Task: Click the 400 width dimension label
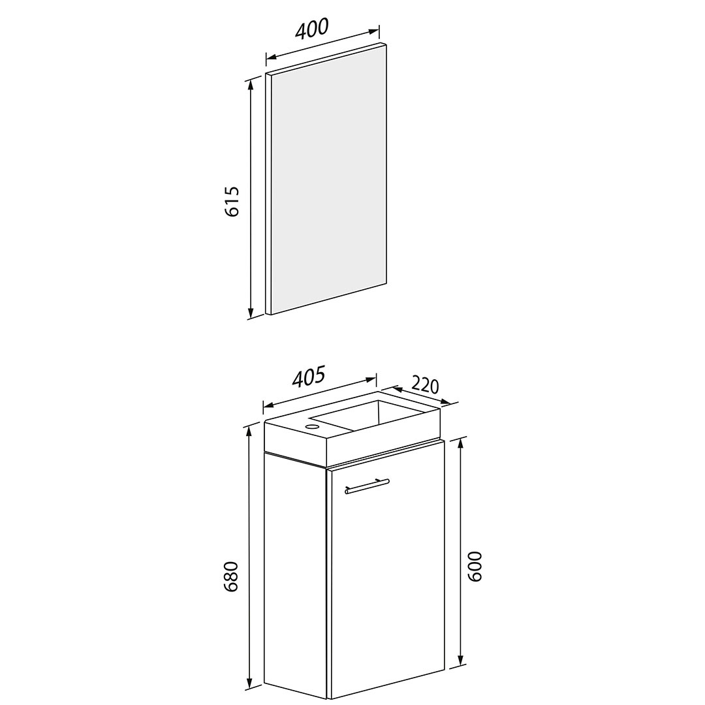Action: [x=312, y=28]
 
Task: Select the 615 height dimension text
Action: [x=232, y=201]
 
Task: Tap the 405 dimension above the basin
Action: [x=308, y=377]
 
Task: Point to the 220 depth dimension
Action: [x=424, y=385]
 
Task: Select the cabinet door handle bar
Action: [x=367, y=486]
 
